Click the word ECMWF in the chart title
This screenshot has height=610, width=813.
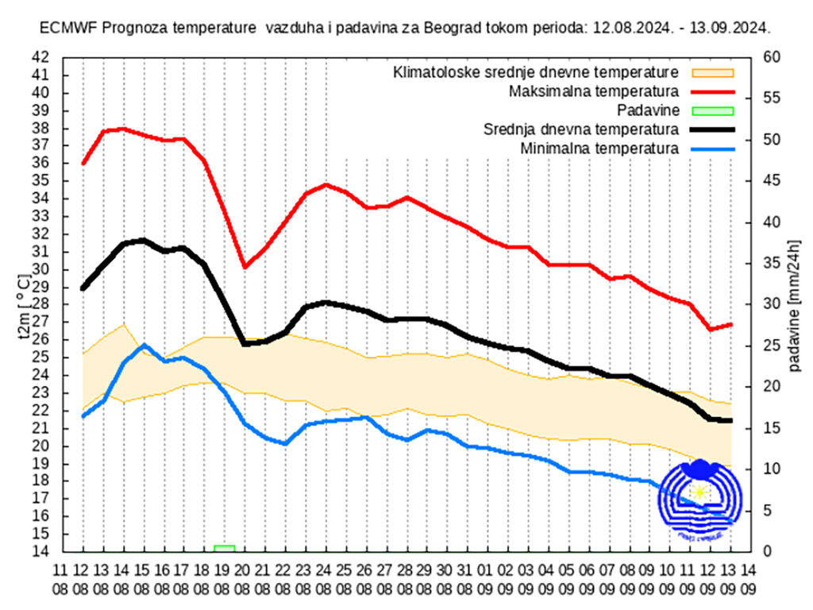[x=64, y=28]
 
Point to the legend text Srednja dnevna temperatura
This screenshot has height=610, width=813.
[x=580, y=129]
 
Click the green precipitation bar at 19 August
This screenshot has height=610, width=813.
[x=224, y=548]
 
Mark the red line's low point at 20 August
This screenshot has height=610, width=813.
[x=245, y=267]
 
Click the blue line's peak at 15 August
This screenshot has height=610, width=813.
[x=144, y=346]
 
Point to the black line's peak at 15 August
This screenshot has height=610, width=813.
[x=144, y=240]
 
